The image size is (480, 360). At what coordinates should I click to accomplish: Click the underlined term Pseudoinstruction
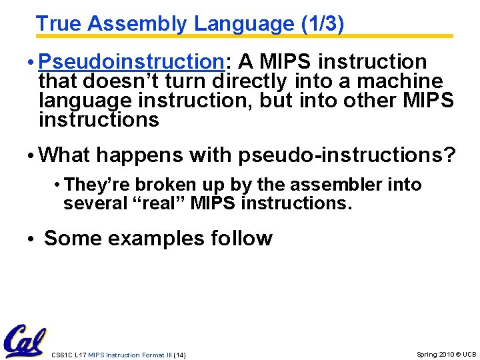tap(131, 62)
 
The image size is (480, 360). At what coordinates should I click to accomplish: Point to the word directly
tap(249, 81)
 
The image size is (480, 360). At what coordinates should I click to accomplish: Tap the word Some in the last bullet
tap(70, 238)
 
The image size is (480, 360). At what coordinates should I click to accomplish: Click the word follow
tap(241, 238)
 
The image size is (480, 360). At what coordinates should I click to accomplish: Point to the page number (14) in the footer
tap(179, 355)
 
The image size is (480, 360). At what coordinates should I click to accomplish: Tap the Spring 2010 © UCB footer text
tap(446, 354)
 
